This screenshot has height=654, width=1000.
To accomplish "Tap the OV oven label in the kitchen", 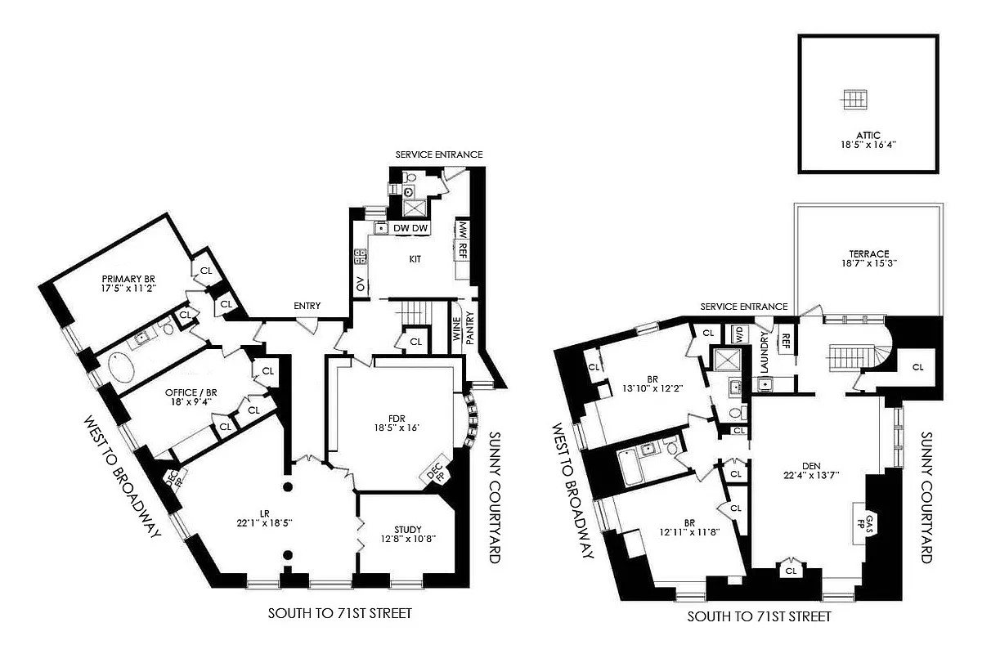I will pos(360,284).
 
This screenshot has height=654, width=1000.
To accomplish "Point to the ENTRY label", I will pos(307,306).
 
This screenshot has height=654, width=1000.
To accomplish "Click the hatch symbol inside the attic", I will pos(854,99).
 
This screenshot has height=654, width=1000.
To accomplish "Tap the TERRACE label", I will pos(868,253).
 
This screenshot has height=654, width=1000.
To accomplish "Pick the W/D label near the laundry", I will pos(739,334).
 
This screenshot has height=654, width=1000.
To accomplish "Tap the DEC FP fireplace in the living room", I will pos(173,478).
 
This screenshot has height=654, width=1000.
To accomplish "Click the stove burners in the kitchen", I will pos(359,256).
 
